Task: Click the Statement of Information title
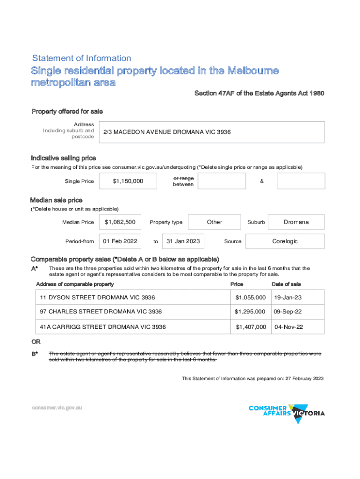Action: [x=81, y=58]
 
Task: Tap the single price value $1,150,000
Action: [x=128, y=181]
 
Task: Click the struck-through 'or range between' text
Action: [x=183, y=181]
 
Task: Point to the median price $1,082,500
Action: [x=120, y=222]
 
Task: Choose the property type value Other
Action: [x=214, y=222]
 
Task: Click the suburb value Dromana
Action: [x=296, y=222]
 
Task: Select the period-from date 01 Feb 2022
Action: [x=120, y=241]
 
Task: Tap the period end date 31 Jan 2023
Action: [x=183, y=241]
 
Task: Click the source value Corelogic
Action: [x=285, y=241]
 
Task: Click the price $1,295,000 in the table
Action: [x=250, y=312]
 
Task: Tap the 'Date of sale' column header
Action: [x=286, y=284]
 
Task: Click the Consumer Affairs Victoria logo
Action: [x=287, y=413]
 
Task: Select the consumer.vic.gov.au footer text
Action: [x=57, y=408]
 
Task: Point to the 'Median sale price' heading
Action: [x=57, y=200]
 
